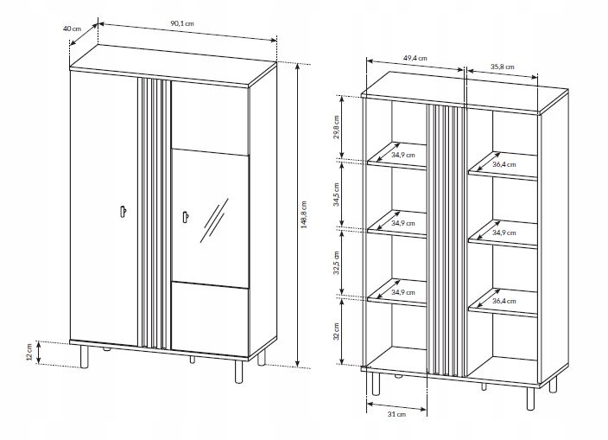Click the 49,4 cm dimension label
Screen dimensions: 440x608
click(416, 57)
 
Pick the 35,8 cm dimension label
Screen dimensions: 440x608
click(502, 65)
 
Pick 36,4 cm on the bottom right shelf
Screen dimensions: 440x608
click(503, 302)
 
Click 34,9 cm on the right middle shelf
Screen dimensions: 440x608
click(503, 232)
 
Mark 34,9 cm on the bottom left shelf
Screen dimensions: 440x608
click(403, 292)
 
